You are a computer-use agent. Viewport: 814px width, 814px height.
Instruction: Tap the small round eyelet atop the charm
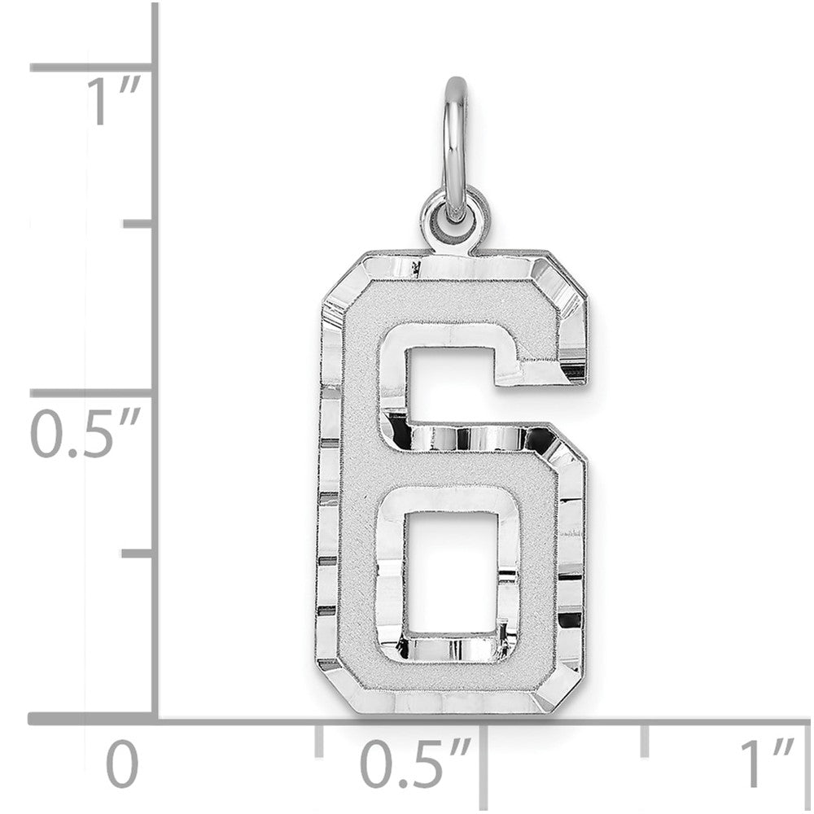tap(456, 216)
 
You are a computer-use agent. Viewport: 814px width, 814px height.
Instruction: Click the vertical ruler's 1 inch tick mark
tap(91, 68)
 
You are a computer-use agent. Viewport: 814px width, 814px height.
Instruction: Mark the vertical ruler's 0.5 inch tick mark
tap(91, 392)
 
